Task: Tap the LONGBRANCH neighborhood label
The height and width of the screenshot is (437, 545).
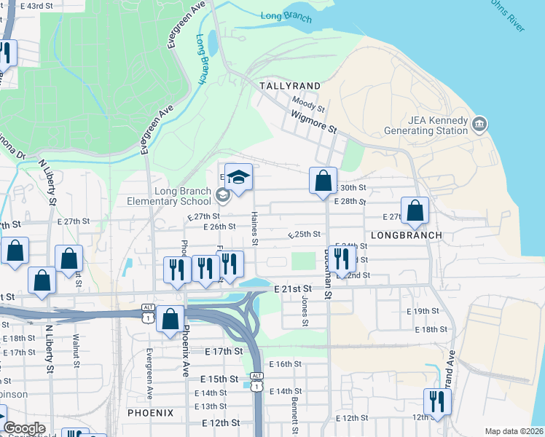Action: [406, 235]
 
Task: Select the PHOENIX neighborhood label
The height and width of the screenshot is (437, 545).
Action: [150, 413]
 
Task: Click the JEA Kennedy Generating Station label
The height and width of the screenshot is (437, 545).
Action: [426, 125]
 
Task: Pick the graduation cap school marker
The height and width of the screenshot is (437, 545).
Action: [238, 177]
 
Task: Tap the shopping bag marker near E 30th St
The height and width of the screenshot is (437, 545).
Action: [323, 181]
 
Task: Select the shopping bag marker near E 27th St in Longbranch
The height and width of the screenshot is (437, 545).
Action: [415, 211]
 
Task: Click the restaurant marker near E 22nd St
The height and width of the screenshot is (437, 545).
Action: [340, 259]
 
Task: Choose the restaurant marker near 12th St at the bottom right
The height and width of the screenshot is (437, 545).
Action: [437, 402]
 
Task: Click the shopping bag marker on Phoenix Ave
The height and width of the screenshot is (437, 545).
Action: [170, 319]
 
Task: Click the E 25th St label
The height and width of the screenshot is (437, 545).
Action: [305, 235]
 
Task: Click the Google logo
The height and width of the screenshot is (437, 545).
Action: [24, 428]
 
